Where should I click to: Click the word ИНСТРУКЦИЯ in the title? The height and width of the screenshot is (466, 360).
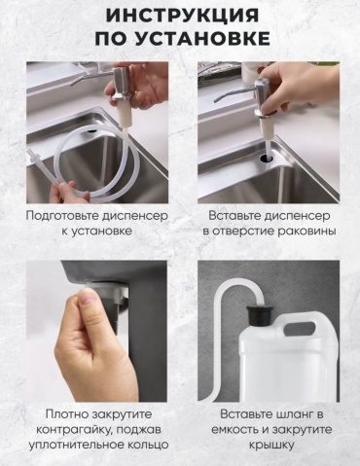[182, 16]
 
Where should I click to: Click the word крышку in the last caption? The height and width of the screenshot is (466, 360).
[271, 445]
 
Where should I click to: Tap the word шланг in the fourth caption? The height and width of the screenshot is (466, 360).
[294, 414]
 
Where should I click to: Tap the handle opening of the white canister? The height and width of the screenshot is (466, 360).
[299, 328]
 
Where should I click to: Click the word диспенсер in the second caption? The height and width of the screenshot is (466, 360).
[293, 216]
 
